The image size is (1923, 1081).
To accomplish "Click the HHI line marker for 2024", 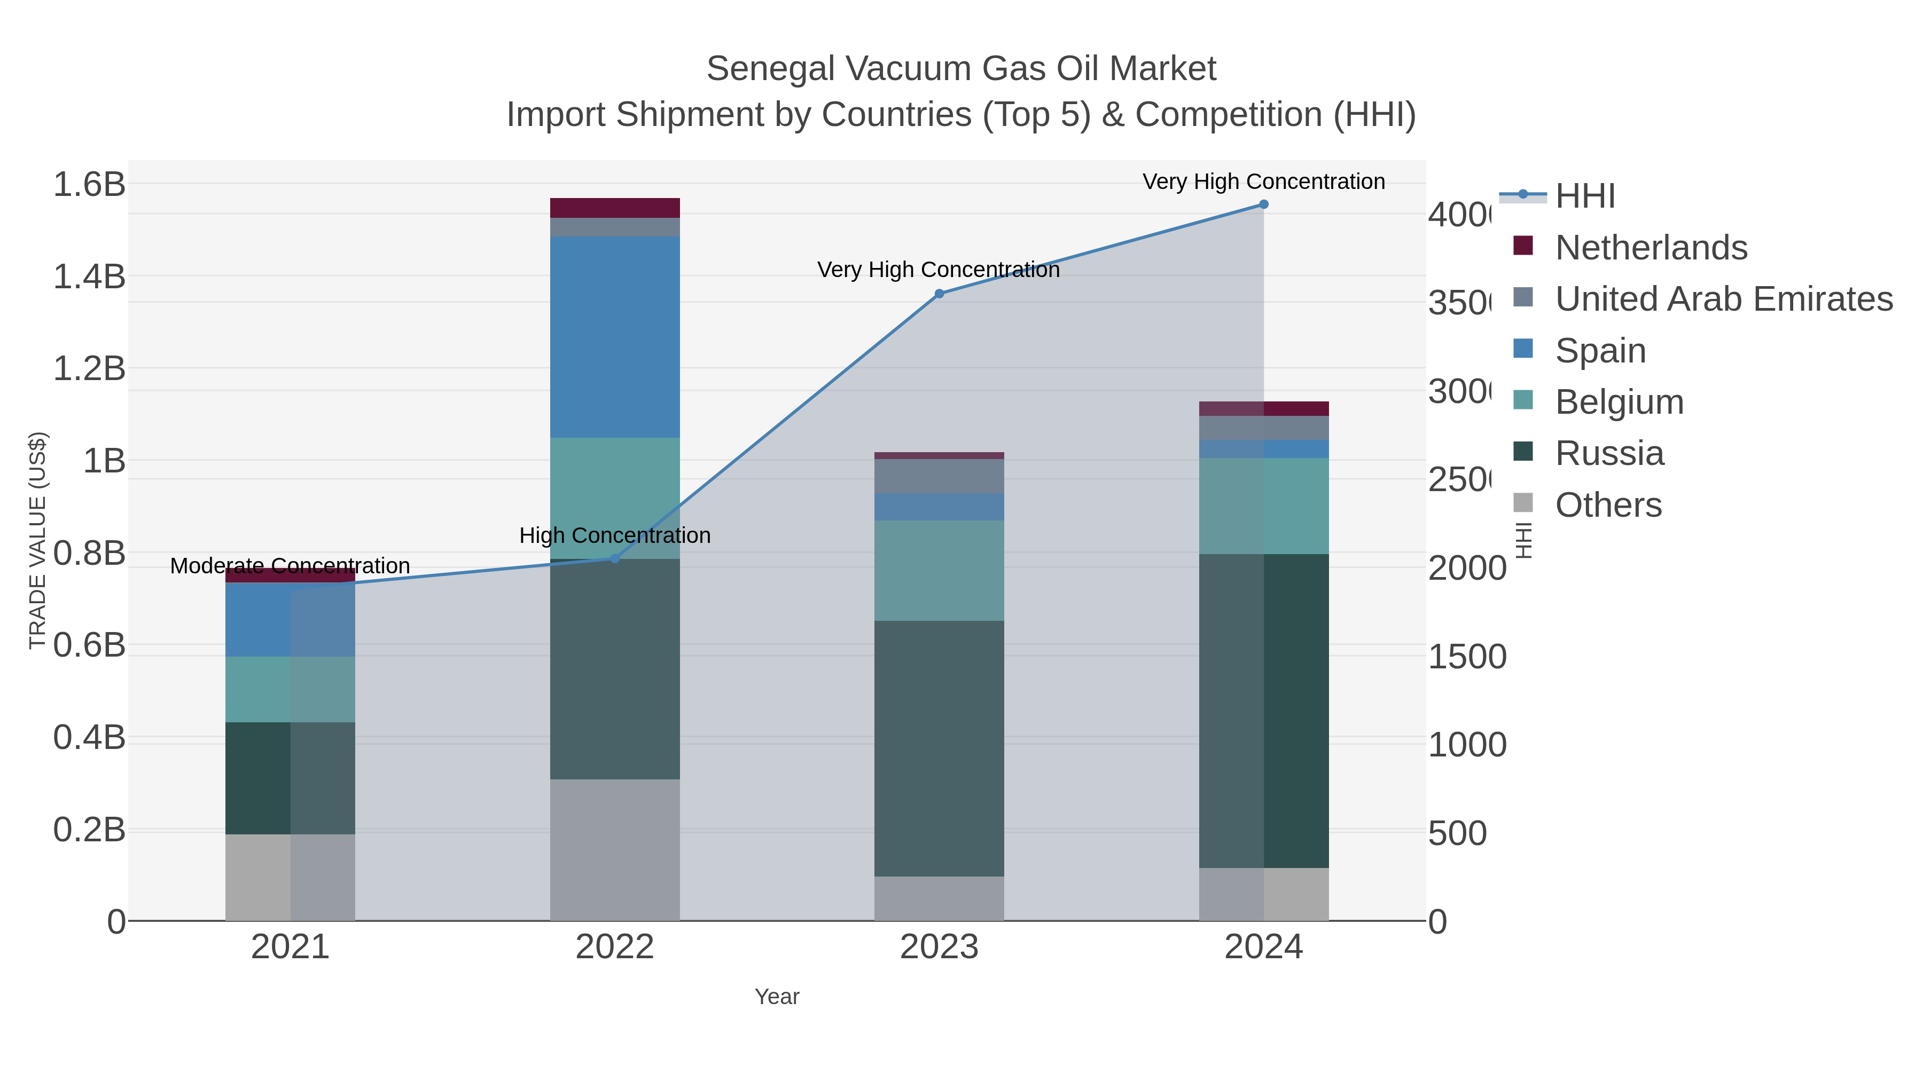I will (1263, 204).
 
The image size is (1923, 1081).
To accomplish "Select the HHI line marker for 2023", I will (939, 294).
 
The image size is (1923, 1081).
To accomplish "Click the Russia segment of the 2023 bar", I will (939, 748).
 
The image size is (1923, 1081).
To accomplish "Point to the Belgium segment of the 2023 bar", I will (939, 571).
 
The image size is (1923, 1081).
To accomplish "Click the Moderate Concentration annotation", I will (290, 566).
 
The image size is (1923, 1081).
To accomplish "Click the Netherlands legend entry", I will (1651, 248).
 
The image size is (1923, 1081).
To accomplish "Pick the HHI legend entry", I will (1585, 196).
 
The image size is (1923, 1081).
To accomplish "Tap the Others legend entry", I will (1608, 505).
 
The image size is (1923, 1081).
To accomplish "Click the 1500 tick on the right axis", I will (1467, 657).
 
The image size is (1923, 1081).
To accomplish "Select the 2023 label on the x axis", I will (939, 948).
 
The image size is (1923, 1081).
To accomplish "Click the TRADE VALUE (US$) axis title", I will (38, 540).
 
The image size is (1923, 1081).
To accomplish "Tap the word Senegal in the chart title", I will (770, 69).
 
